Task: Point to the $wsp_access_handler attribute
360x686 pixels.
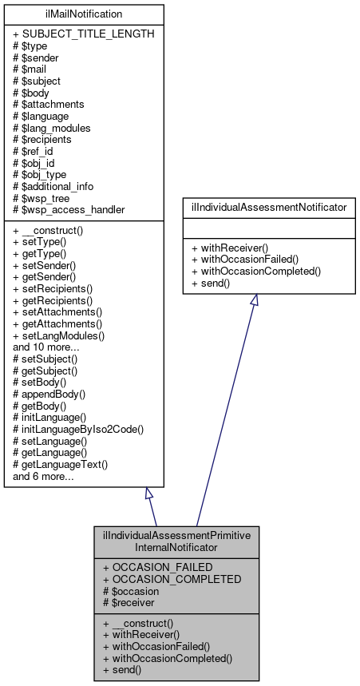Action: point(69,209)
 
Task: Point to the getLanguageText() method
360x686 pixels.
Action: point(60,464)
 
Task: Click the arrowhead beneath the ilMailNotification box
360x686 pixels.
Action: point(148,494)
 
